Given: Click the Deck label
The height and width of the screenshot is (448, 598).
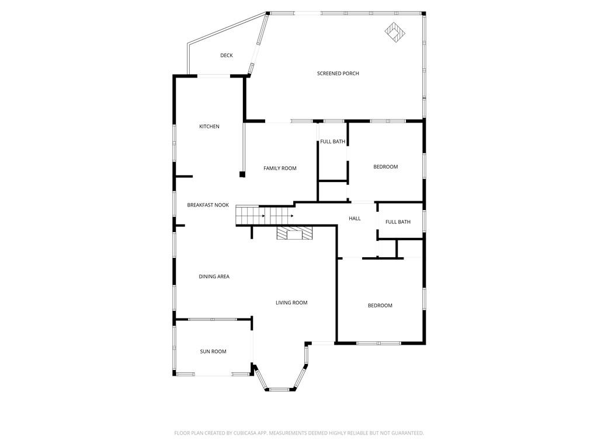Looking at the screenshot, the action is click(x=227, y=55).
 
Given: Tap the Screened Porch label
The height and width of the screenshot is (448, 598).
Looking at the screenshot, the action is click(x=338, y=73).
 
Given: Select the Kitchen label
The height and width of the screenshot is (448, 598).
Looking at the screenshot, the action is click(x=210, y=127).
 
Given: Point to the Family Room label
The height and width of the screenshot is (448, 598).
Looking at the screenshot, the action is click(x=280, y=168).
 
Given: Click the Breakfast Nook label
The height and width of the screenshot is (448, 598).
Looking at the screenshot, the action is click(x=208, y=205).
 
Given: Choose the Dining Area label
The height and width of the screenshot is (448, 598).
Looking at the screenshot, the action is click(x=214, y=276).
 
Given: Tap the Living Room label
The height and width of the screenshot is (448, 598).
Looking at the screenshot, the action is click(x=291, y=303).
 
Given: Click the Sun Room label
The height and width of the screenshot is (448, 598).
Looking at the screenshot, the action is click(x=213, y=352).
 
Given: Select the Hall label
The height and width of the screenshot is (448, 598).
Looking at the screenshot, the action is click(x=354, y=218).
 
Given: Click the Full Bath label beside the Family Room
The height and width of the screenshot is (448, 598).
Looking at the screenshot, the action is click(x=332, y=141).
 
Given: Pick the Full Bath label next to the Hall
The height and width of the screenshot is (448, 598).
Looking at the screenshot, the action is click(x=398, y=222).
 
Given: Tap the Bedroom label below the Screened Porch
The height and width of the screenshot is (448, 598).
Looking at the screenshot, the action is click(x=385, y=166).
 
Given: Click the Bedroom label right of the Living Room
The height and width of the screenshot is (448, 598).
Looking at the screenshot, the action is click(x=380, y=305).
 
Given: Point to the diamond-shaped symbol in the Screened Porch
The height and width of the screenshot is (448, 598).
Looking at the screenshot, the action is click(x=395, y=33).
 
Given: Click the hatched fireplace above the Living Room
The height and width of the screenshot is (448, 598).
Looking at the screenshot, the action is click(x=294, y=233).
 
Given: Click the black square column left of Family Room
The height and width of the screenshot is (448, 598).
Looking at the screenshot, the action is click(x=242, y=174).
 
